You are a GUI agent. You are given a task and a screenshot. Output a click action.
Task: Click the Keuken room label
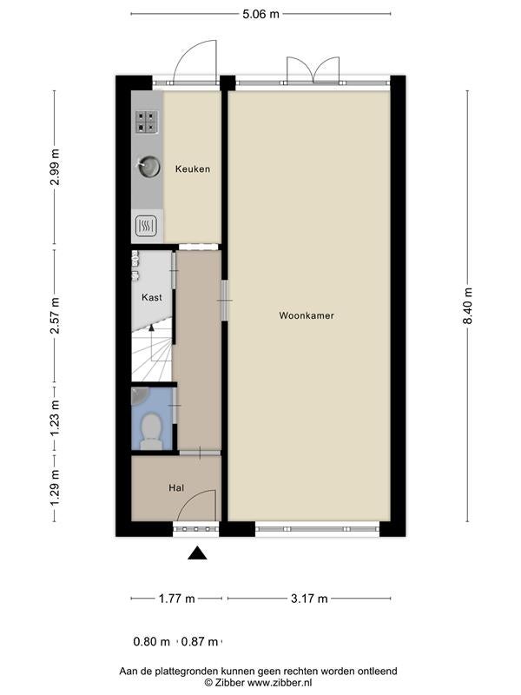[192, 169]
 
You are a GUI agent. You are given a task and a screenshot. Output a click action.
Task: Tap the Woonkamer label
[307, 315]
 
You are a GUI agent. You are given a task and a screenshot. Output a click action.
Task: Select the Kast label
[151, 297]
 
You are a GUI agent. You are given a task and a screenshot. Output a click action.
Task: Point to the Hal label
[176, 488]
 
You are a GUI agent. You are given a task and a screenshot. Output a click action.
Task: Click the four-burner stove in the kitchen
[146, 122]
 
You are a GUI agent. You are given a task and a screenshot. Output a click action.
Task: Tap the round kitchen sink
[148, 166]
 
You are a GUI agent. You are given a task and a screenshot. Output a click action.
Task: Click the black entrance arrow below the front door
[197, 553]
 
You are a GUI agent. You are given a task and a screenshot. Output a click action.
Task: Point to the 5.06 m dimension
[260, 14]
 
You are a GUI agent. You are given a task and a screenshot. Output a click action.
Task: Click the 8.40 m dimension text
[468, 306]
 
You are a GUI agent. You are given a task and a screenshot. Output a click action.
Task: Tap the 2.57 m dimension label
[55, 315]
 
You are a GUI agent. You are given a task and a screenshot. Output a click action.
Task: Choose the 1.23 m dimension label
[55, 418]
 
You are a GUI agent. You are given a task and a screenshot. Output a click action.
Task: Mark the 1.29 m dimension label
[55, 487]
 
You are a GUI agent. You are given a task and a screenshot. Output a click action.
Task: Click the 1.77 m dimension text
[177, 599]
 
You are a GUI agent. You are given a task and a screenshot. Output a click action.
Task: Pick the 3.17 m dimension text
[309, 599]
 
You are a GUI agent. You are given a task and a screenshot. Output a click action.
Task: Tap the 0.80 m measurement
[151, 641]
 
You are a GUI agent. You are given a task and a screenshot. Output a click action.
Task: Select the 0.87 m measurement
[200, 641]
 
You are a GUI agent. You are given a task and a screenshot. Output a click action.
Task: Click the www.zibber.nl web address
[279, 683]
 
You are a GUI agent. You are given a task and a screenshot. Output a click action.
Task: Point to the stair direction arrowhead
[151, 328]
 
